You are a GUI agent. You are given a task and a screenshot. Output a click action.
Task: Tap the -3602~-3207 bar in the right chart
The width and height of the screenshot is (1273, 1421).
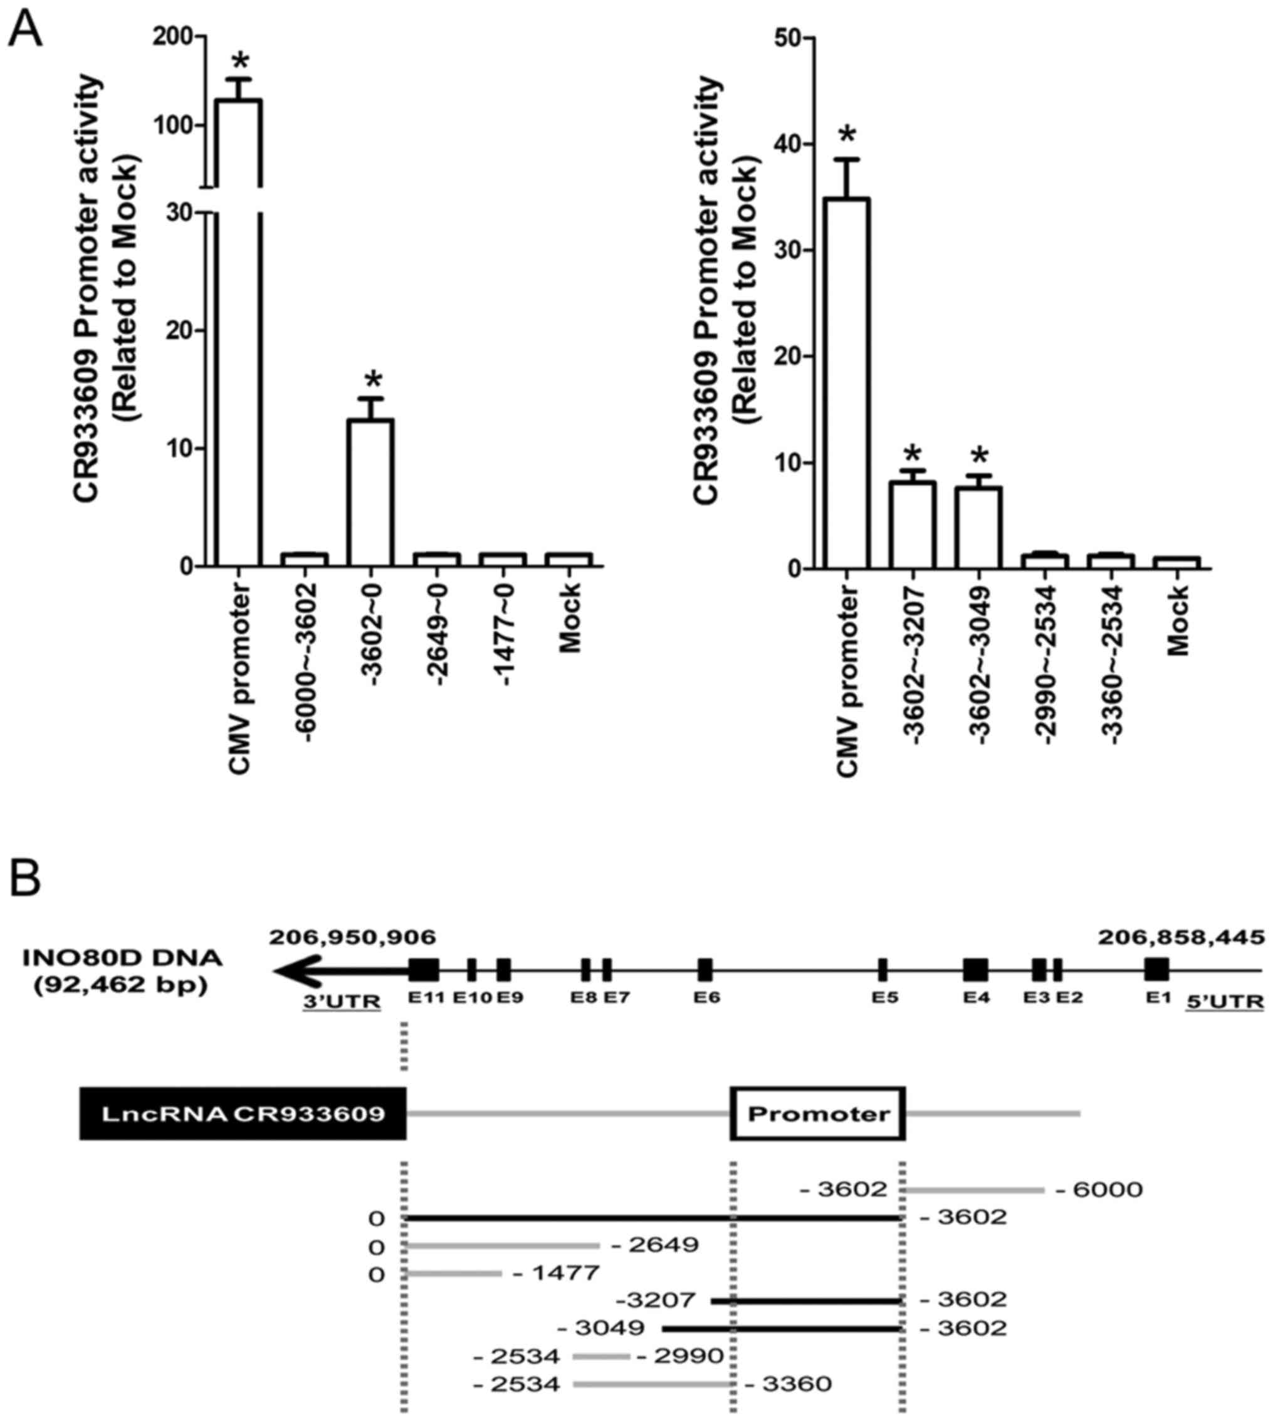click(913, 525)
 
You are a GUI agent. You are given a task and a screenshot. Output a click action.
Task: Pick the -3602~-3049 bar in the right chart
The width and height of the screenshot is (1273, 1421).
click(979, 527)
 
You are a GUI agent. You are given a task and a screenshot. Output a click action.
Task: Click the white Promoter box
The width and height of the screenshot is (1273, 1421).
click(818, 1114)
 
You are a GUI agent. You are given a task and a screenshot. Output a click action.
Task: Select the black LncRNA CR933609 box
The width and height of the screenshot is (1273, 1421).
click(243, 1114)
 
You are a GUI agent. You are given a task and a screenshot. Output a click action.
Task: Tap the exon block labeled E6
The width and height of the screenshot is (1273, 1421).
click(705, 970)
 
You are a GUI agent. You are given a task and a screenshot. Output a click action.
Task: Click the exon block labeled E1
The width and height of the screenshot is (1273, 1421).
click(1157, 969)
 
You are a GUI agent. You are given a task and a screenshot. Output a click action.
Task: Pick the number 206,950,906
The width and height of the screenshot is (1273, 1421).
click(352, 937)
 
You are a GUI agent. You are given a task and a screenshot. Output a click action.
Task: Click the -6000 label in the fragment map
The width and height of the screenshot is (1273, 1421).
click(1099, 1190)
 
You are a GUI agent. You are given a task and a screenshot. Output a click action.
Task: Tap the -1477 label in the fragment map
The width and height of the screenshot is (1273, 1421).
click(556, 1272)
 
